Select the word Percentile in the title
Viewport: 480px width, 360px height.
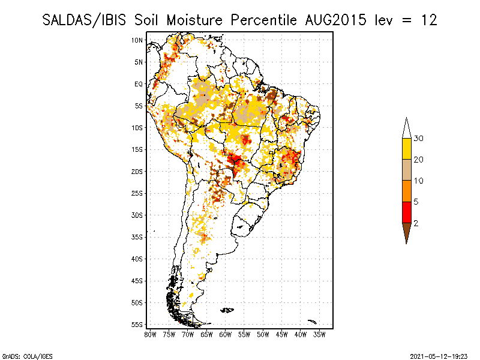tap(261, 20)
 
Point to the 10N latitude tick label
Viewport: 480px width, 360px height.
tap(137, 40)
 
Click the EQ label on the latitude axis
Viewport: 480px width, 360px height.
tap(138, 84)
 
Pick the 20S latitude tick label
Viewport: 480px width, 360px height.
tap(137, 172)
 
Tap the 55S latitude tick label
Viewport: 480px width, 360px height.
tap(137, 325)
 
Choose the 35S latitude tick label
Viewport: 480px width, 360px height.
tap(137, 237)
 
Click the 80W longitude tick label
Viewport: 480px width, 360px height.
tap(150, 335)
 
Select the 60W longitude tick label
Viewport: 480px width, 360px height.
tap(226, 335)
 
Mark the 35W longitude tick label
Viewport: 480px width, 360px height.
tap(320, 335)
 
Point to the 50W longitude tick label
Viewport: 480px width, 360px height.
tap(263, 335)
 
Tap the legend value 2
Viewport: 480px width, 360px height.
tap(416, 223)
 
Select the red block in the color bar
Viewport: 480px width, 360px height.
tap(406, 212)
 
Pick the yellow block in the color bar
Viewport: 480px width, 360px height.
tap(406, 149)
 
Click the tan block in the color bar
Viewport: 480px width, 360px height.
tap(406, 170)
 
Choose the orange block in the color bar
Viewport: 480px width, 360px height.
tap(406, 191)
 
